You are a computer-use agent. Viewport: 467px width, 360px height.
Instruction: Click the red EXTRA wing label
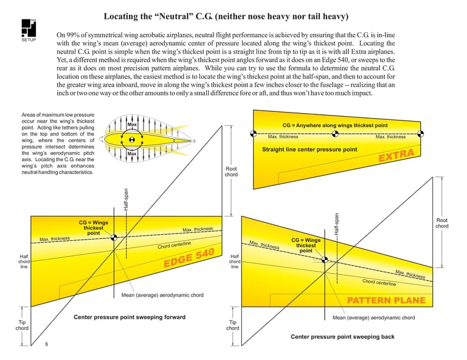click(x=396, y=155)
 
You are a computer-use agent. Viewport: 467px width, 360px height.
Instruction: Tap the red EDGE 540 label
click(x=189, y=258)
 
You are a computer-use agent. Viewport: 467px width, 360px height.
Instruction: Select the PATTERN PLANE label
click(x=386, y=300)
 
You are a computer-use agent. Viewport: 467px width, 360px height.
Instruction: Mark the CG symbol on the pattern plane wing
click(x=325, y=260)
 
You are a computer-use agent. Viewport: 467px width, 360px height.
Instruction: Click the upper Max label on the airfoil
click(x=132, y=125)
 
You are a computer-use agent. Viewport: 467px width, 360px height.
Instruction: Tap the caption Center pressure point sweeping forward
click(x=130, y=317)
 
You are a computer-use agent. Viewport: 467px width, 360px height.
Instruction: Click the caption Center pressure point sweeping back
click(x=342, y=336)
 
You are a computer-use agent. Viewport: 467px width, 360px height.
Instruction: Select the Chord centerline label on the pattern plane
click(x=379, y=282)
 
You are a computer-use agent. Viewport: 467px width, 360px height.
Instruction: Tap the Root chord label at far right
click(x=442, y=223)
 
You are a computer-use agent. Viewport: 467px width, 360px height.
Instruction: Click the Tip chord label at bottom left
click(x=22, y=325)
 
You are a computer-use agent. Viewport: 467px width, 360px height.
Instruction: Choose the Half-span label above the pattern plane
click(x=336, y=224)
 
